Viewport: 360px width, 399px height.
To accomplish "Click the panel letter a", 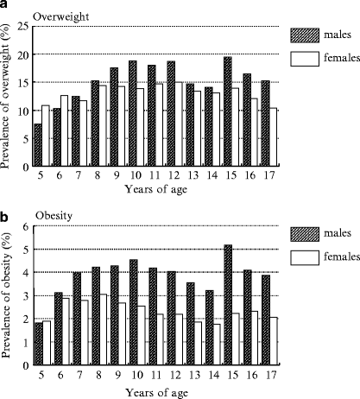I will (x=6, y=6).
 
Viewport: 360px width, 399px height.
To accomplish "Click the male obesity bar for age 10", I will (x=133, y=311).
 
